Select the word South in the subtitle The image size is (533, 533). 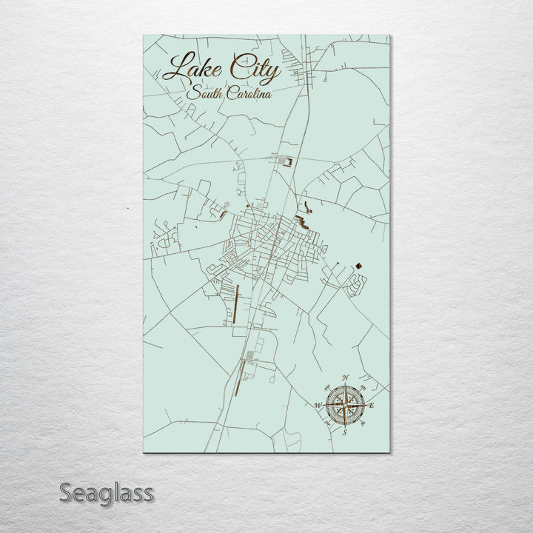(x=203, y=93)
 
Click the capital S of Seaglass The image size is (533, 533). (x=67, y=492)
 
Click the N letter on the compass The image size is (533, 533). (x=346, y=378)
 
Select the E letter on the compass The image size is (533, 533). (x=372, y=406)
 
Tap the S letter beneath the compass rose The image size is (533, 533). (x=344, y=432)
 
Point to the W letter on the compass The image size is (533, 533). (x=318, y=406)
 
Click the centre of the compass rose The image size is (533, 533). (x=345, y=405)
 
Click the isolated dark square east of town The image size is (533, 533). (x=358, y=264)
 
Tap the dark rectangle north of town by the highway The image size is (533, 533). (x=289, y=161)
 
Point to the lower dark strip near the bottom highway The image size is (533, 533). (x=238, y=378)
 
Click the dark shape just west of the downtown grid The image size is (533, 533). (x=223, y=215)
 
